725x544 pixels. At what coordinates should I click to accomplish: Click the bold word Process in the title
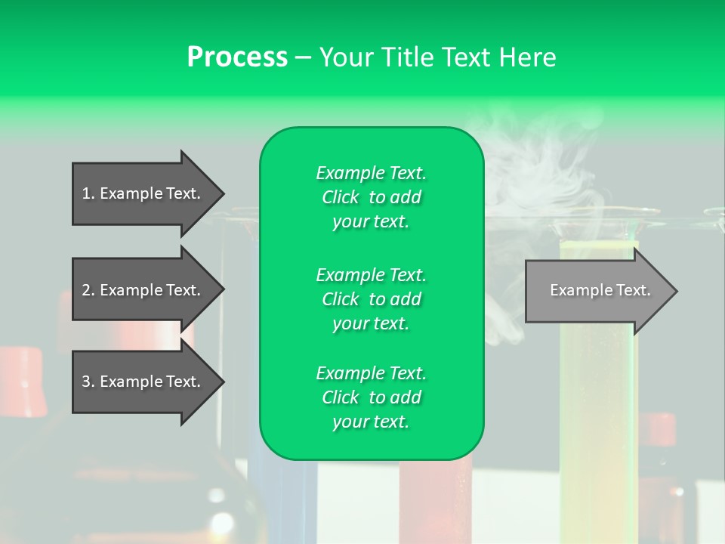(x=237, y=57)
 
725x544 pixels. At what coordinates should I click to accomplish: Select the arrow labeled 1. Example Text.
(x=143, y=193)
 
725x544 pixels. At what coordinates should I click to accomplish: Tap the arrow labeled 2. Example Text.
(x=143, y=290)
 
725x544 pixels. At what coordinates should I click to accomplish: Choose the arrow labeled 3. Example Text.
(x=143, y=382)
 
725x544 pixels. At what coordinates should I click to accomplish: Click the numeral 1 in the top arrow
(x=86, y=193)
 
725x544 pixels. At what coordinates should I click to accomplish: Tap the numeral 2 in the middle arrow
(x=86, y=290)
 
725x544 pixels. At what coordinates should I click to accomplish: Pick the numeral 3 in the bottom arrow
(x=86, y=382)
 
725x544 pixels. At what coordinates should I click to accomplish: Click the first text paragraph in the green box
(x=371, y=197)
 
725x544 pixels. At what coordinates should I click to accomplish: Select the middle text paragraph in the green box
(x=371, y=299)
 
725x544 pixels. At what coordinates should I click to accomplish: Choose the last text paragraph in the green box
(x=371, y=397)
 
